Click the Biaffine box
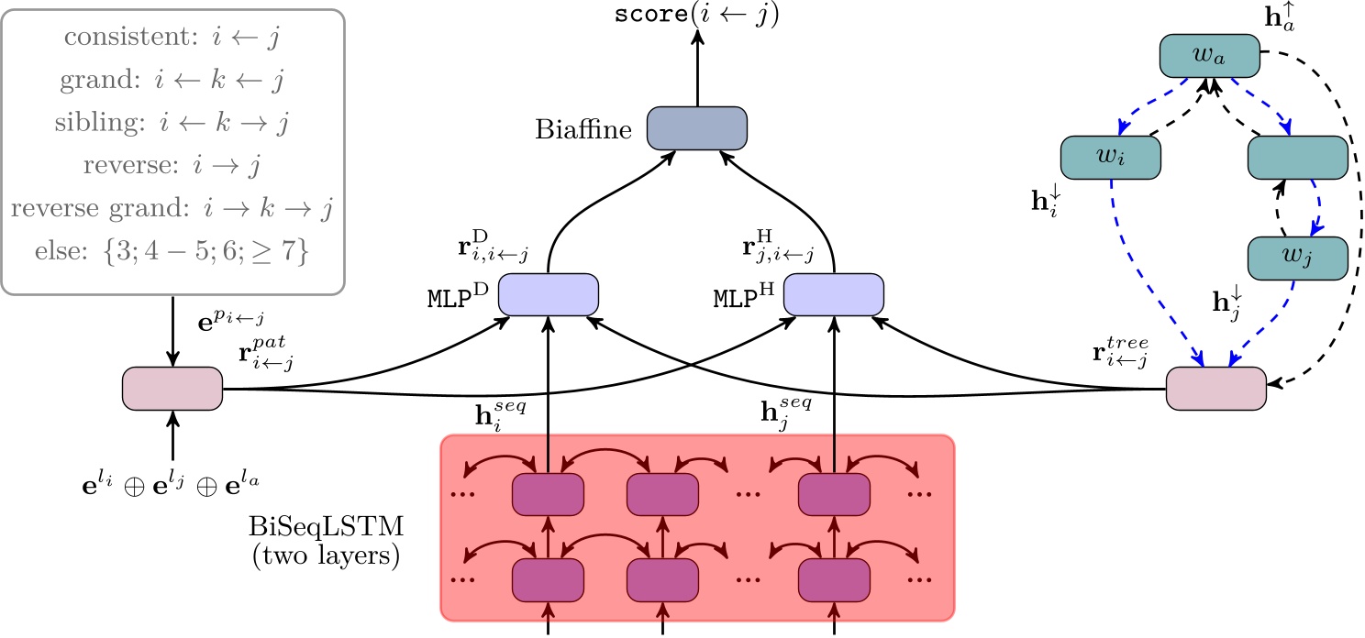coord(697,127)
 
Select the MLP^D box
coord(548,293)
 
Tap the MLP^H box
coord(833,293)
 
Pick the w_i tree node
coord(1110,158)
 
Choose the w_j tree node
coord(1297,258)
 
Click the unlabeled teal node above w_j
coord(1297,158)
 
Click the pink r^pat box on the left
coord(172,389)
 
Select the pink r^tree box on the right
coord(1215,389)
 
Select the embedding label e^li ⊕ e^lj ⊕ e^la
coord(172,480)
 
